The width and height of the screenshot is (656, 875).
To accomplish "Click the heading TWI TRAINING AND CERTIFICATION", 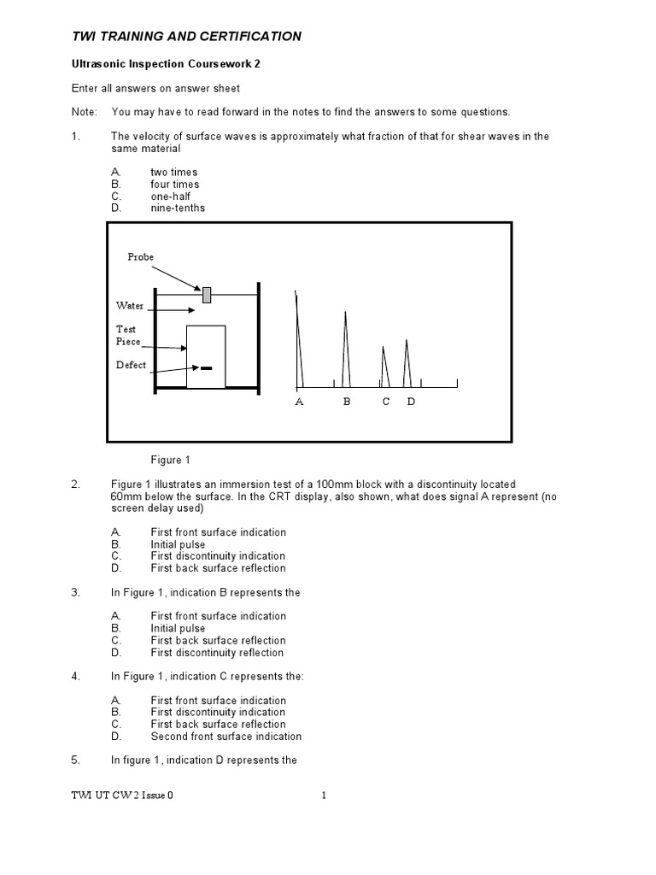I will tap(185, 36).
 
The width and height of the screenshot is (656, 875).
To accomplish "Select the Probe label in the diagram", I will tap(141, 256).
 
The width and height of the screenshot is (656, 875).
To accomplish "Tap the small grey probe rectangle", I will tap(207, 295).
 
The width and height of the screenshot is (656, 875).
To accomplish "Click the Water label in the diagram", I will tap(130, 305).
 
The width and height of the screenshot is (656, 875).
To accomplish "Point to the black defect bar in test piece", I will tap(206, 368).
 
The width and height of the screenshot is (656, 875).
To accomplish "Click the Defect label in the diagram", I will tap(131, 365).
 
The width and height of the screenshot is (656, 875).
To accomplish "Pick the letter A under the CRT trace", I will tap(299, 402).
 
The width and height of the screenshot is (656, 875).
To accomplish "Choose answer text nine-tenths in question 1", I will tap(178, 208).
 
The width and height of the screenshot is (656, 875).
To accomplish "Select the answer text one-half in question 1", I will tap(171, 196).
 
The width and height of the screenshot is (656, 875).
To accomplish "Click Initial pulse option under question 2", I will tap(178, 544).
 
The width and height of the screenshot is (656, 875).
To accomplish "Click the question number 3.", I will tap(75, 592).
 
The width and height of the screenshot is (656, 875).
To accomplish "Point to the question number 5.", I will tap(75, 760).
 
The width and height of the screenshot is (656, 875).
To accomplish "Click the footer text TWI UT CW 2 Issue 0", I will tap(122, 796).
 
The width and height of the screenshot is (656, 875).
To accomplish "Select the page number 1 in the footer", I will tap(325, 796).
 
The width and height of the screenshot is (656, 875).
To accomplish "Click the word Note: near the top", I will tap(85, 112).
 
